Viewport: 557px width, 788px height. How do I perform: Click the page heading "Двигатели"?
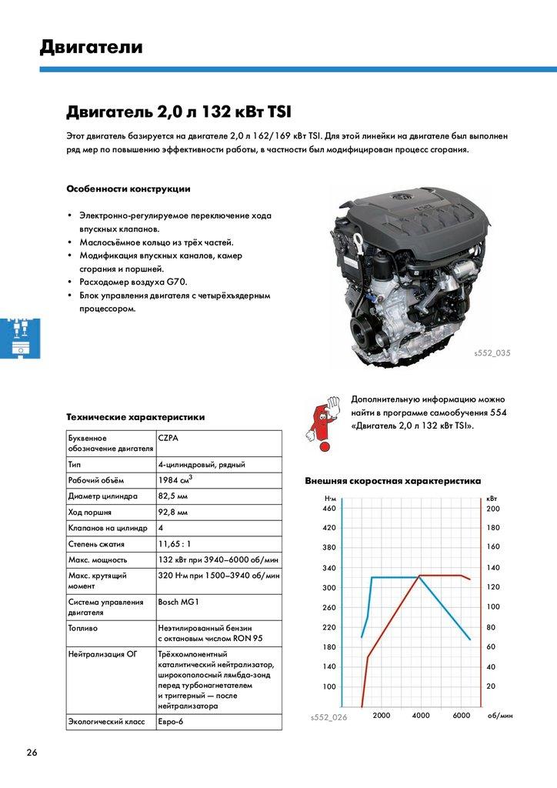92,48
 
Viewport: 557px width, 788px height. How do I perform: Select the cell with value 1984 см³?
175,480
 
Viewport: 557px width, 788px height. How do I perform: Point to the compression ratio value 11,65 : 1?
175,544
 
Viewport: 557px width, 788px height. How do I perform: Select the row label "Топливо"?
83,628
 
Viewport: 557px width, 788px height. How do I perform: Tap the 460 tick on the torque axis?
329,509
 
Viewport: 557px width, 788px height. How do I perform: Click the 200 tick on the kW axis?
493,509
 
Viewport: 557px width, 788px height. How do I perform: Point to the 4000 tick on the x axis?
421,716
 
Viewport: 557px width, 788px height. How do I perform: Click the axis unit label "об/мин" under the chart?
500,716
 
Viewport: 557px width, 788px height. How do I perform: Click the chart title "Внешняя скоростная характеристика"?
392,480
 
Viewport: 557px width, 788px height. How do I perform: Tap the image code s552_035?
492,353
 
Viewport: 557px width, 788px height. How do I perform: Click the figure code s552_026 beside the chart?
329,716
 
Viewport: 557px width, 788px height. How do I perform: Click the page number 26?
32,752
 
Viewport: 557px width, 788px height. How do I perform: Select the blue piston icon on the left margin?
15,336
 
